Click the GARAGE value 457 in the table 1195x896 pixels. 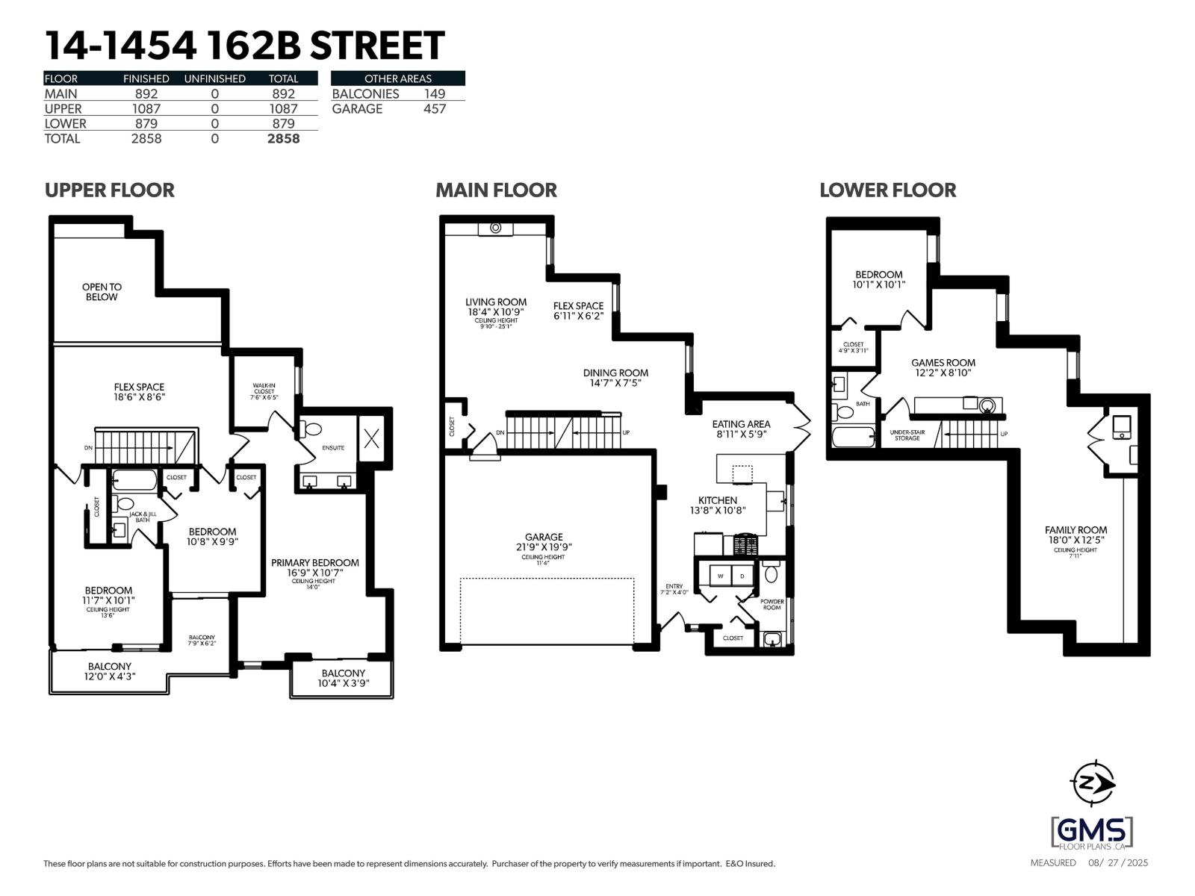(x=434, y=109)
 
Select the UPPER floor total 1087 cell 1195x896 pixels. (x=283, y=109)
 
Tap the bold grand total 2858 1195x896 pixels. (x=283, y=139)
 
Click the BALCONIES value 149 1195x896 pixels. (x=434, y=94)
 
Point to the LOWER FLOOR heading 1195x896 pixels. (x=887, y=190)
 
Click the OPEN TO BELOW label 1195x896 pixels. (x=102, y=292)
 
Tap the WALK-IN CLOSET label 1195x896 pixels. (x=264, y=388)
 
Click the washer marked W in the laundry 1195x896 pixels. (x=721, y=576)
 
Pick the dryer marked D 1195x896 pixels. (x=742, y=576)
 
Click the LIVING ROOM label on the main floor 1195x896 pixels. (x=496, y=302)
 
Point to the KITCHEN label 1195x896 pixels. (x=717, y=500)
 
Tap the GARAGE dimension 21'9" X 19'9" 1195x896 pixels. (x=544, y=547)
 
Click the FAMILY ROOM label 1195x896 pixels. (x=1075, y=530)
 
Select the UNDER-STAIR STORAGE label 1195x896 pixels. (x=907, y=435)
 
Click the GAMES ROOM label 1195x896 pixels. (x=943, y=363)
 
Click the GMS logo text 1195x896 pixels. (x=1092, y=830)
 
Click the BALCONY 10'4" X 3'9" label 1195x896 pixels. (x=343, y=673)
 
